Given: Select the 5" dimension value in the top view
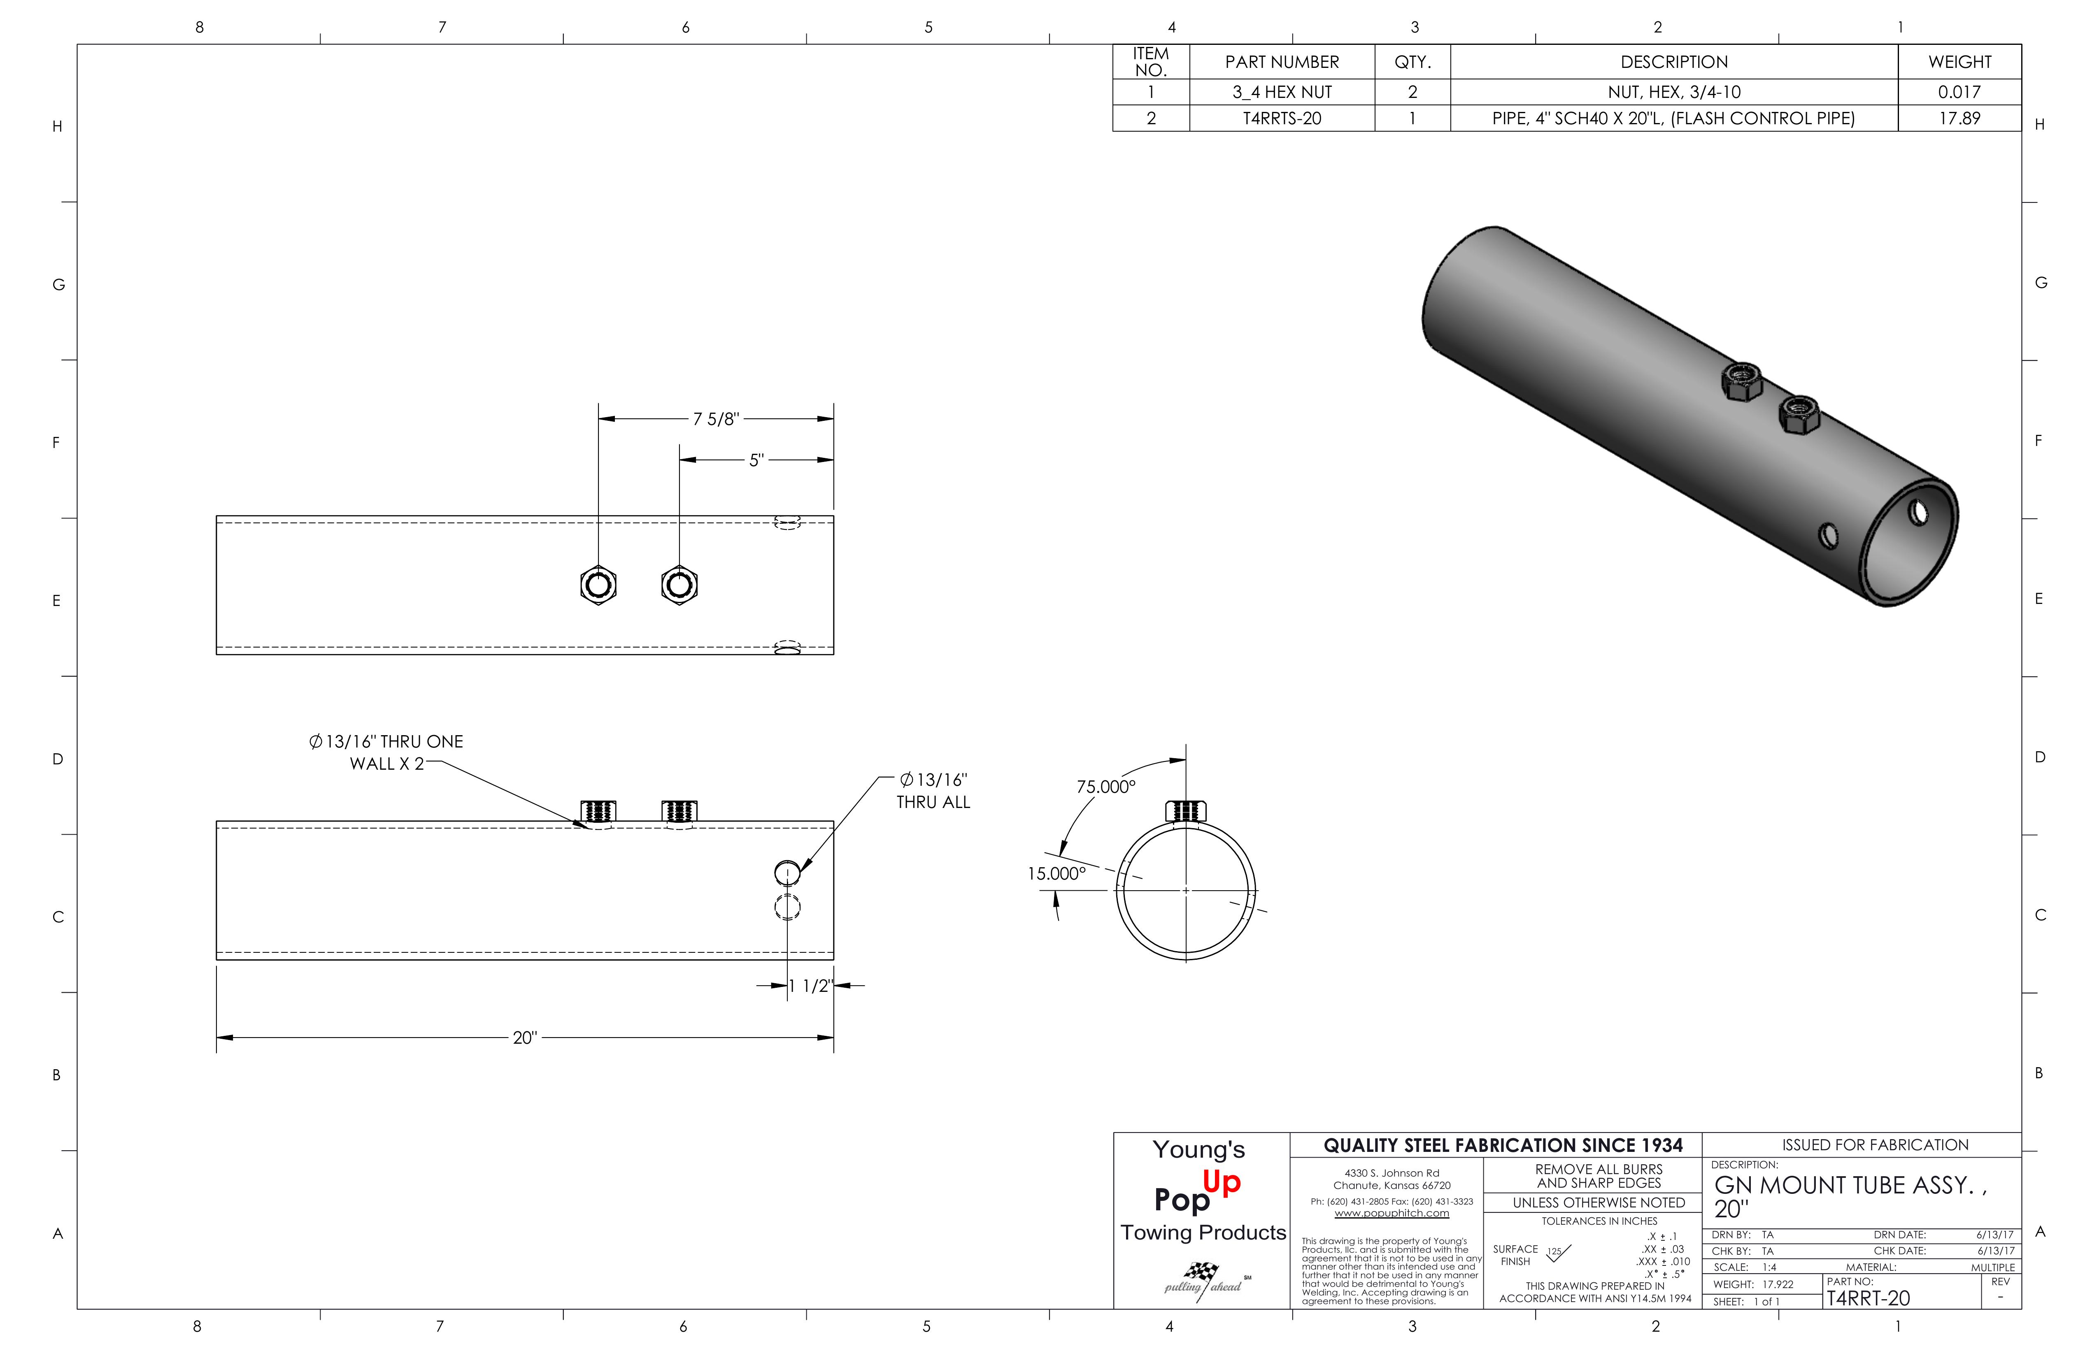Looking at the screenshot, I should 756,460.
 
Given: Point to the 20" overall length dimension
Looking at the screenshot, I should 525,1038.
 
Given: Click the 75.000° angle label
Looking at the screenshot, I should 1106,787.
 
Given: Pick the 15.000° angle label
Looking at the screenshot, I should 1056,874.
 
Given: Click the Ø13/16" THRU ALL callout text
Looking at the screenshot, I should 933,791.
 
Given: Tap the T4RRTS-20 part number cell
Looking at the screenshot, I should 1282,118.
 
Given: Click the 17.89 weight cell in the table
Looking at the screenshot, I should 1959,118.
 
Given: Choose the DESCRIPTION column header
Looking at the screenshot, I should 1673,62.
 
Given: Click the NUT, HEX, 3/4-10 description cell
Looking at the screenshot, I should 1673,92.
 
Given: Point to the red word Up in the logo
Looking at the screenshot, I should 1222,1182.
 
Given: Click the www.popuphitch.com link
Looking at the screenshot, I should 1391,1213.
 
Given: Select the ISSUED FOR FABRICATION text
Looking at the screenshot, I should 1874,1144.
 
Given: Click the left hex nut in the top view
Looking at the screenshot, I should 598,585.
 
